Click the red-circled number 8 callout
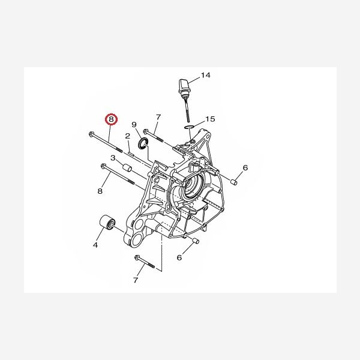[x=111, y=119]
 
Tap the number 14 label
[x=205, y=75]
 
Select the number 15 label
[x=210, y=119]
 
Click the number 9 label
[x=134, y=125]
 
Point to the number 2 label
[x=128, y=136]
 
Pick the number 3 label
[x=113, y=158]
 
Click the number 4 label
[x=95, y=245]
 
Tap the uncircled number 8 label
[x=100, y=191]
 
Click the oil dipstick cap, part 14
[x=184, y=85]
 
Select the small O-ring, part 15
[x=189, y=127]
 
